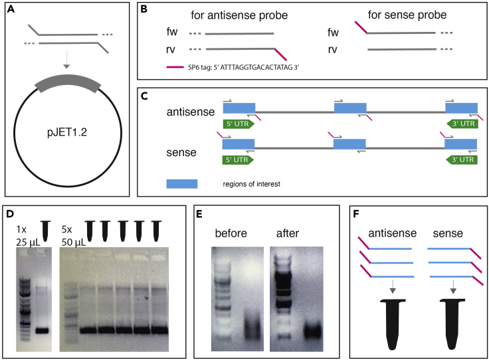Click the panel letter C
(145, 96)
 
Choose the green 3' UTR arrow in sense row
(460, 159)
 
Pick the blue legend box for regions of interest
(181, 183)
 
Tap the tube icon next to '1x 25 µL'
(45, 229)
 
